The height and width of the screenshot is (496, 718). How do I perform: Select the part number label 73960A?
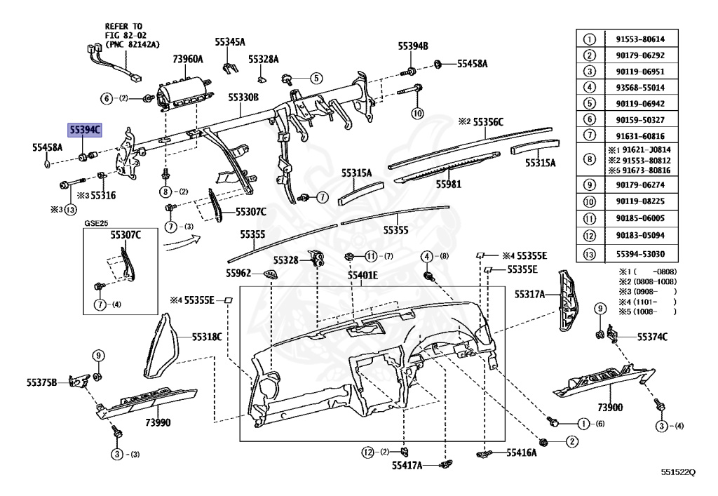tap(187, 60)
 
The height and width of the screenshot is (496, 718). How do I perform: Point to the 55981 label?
tap(448, 184)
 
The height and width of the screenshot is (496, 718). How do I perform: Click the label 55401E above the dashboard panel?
tap(363, 276)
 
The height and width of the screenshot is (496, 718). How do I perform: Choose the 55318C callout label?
tap(207, 337)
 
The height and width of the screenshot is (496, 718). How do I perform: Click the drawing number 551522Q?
tap(677, 472)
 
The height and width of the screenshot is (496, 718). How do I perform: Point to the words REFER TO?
tap(123, 26)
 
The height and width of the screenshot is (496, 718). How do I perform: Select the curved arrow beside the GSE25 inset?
tap(180, 242)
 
